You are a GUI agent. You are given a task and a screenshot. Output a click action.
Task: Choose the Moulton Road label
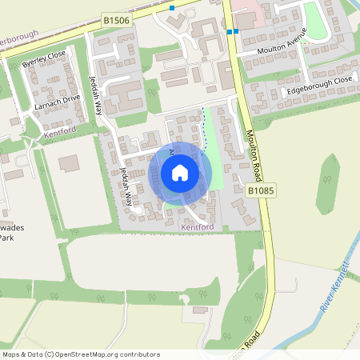[x=257, y=152]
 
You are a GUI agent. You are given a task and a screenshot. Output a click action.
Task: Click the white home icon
[x=180, y=172]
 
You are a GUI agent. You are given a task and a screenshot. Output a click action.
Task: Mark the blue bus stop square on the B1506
[x=172, y=8]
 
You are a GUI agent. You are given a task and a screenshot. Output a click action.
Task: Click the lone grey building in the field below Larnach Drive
[x=69, y=162]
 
